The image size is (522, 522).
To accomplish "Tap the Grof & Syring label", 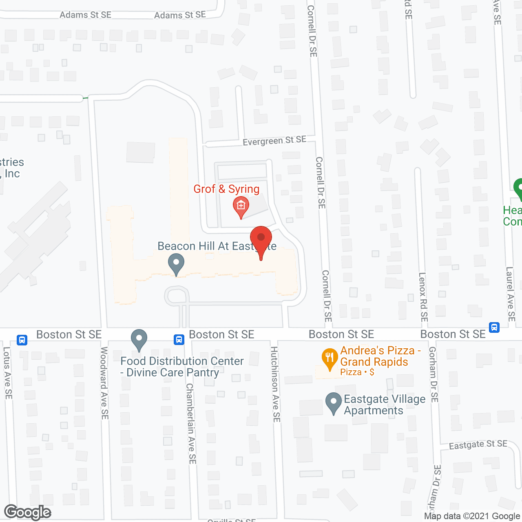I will coord(226,189).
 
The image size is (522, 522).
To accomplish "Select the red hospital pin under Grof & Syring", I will coord(241,206).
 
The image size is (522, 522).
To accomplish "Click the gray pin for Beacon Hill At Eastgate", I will coord(176,263).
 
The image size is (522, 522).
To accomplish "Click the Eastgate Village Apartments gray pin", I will coord(334,403).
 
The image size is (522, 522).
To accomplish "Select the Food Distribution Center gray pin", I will coord(139,339).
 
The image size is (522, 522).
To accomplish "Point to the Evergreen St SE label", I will coord(274,141).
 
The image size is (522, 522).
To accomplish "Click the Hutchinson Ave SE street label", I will coord(276,384).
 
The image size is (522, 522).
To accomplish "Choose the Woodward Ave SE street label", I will coord(104,383).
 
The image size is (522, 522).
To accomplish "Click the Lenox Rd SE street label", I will coord(423,296).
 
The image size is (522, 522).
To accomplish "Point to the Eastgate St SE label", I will coord(478,445).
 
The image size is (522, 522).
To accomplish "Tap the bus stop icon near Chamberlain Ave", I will coord(179,339).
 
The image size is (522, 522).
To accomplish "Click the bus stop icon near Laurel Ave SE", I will coord(494,327).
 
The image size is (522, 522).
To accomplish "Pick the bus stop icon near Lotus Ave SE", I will coord(22,340).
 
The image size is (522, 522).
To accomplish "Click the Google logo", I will coord(28,513).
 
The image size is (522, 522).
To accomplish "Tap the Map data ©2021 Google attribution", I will coord(472,516).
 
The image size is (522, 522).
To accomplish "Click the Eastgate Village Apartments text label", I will coord(385,405).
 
